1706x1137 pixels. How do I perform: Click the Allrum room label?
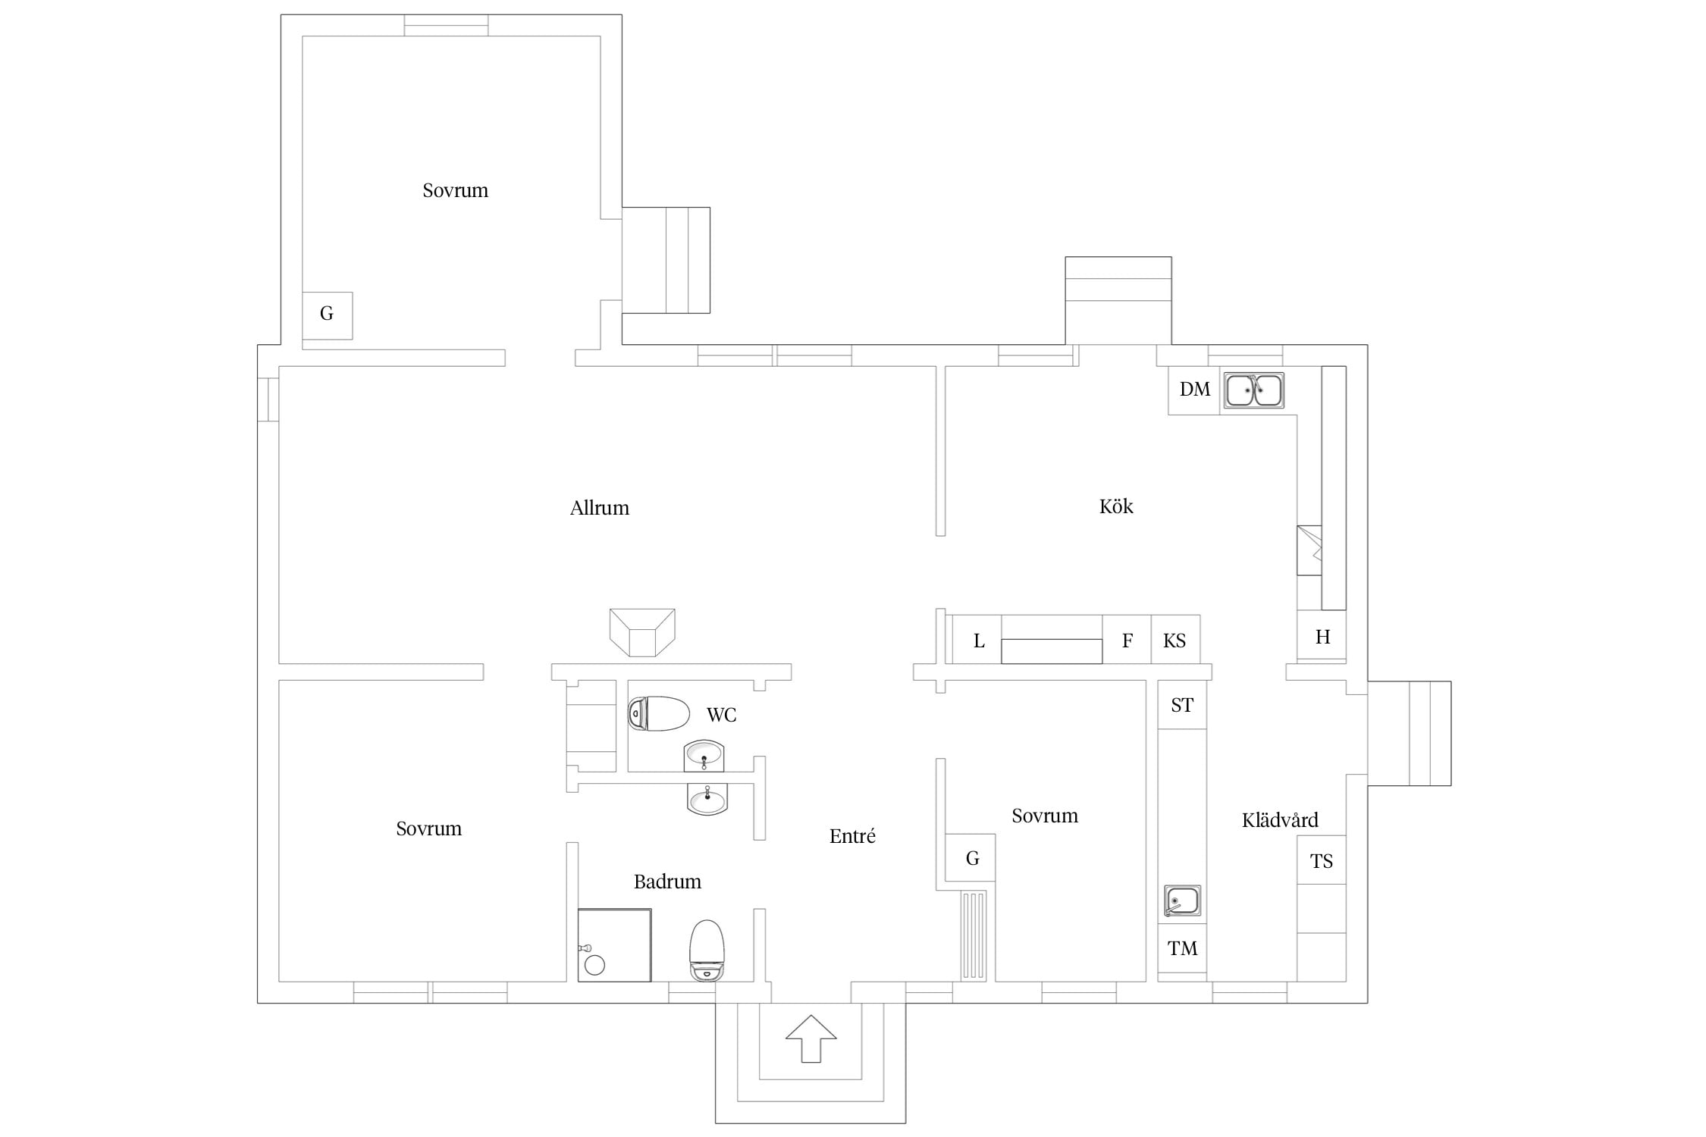pyautogui.click(x=600, y=508)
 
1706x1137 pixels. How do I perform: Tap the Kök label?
pyautogui.click(x=1116, y=506)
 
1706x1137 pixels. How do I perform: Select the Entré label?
pyautogui.click(x=852, y=836)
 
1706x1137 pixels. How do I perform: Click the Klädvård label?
pyautogui.click(x=1280, y=819)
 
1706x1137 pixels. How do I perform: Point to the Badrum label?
pyautogui.click(x=667, y=882)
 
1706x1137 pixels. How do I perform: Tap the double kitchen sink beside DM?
pyautogui.click(x=1254, y=390)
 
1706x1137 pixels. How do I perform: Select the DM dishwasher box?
pyautogui.click(x=1194, y=390)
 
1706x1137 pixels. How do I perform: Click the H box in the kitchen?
pyautogui.click(x=1322, y=637)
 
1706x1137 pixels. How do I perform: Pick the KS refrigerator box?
pyautogui.click(x=1175, y=641)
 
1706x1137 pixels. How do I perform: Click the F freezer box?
pyautogui.click(x=1127, y=641)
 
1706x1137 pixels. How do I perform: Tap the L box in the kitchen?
pyautogui.click(x=977, y=641)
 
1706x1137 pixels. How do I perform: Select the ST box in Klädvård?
pyautogui.click(x=1182, y=705)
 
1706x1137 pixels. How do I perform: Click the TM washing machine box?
pyautogui.click(x=1182, y=948)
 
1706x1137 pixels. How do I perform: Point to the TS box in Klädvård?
pyautogui.click(x=1322, y=860)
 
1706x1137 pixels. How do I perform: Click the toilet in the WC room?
pyautogui.click(x=658, y=713)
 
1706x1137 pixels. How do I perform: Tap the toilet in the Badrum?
pyautogui.click(x=707, y=951)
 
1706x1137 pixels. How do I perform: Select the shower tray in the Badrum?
pyautogui.click(x=614, y=945)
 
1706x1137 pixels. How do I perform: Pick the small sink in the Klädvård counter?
pyautogui.click(x=1182, y=901)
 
